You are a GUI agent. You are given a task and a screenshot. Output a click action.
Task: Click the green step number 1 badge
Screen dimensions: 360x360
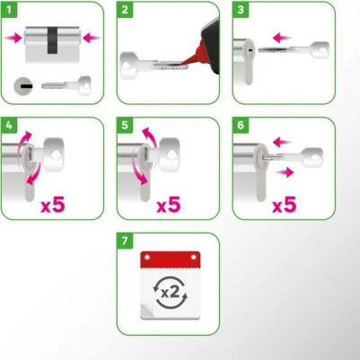pos(9,10)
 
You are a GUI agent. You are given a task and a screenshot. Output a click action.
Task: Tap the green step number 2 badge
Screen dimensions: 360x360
pos(125,10)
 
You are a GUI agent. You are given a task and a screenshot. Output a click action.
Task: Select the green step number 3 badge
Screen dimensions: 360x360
pos(241,10)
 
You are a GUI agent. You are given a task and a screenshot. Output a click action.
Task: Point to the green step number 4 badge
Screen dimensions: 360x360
pos(9,125)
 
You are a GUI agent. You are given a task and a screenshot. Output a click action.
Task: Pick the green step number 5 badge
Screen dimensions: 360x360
pos(125,125)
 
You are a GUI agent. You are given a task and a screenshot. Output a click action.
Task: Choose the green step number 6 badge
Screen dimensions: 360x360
pos(241,125)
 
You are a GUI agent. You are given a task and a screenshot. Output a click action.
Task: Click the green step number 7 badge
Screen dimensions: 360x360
pos(125,241)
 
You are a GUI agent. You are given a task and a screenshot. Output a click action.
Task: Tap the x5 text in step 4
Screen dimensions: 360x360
pos(53,205)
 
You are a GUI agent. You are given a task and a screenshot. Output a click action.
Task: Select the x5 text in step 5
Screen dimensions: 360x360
pos(169,205)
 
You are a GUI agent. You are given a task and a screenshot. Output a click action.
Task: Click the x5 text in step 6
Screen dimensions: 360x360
pos(285,205)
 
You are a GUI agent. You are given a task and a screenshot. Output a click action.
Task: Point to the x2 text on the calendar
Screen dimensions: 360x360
pos(170,293)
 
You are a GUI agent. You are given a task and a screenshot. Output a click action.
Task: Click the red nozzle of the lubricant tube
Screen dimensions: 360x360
pos(193,57)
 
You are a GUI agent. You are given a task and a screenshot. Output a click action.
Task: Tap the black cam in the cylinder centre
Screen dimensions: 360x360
pos(53,40)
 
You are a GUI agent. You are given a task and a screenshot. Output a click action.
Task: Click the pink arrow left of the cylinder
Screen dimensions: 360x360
pos(13,38)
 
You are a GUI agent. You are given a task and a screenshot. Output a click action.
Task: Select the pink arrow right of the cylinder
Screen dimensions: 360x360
pos(92,38)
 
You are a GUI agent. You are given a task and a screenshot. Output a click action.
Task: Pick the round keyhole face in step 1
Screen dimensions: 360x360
pos(22,86)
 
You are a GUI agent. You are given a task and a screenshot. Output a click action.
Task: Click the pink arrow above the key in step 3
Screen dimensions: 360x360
pos(282,38)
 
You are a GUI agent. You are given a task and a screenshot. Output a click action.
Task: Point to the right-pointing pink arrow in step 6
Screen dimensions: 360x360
pos(285,172)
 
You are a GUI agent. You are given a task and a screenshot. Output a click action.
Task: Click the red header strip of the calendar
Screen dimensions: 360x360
pos(170,259)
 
